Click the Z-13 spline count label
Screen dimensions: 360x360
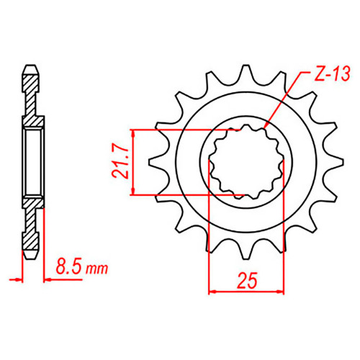tap(333, 73)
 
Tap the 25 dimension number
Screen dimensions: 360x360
tap(247, 280)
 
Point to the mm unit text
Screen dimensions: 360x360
tap(97, 269)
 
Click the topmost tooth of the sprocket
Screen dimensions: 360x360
tap(246, 72)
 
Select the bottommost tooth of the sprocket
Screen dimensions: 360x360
tap(246, 252)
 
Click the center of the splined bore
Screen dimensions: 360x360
tap(246, 162)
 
